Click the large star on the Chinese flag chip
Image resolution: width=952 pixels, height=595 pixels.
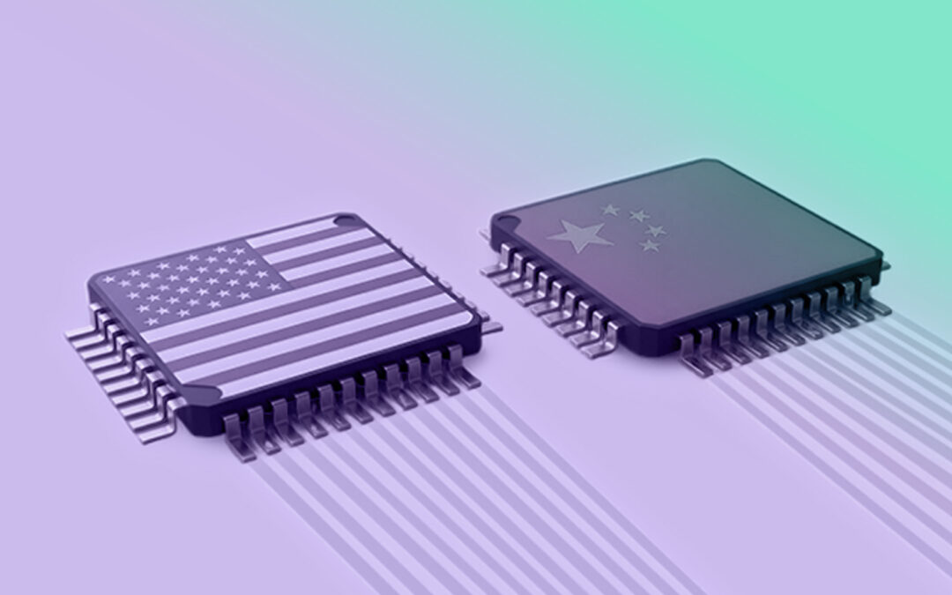579,235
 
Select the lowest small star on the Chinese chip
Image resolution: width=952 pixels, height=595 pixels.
650,246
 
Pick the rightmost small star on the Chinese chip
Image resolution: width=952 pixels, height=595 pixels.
656,230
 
